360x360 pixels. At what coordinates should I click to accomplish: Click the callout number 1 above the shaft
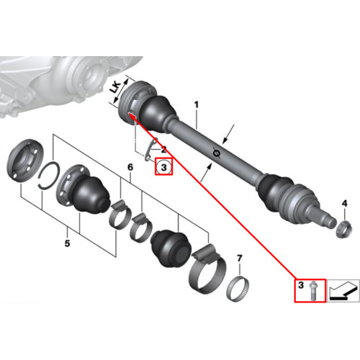pos(197,105)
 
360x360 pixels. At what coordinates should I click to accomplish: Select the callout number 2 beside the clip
pos(163,150)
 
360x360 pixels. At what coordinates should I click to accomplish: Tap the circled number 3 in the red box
pos(164,167)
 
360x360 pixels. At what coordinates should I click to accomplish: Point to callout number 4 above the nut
pos(344,204)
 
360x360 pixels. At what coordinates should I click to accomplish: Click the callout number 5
pos(67,243)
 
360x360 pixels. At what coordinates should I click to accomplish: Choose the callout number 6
pos(130,167)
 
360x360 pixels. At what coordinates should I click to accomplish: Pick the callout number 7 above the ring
pos(240,258)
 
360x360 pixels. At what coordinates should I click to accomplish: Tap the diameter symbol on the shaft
pos(217,153)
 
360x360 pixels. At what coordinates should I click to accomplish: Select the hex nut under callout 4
pos(344,229)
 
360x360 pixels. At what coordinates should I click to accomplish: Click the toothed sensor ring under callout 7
pos(238,289)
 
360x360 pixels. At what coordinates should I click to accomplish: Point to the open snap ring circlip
pos(49,176)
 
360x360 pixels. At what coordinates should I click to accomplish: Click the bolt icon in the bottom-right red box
pos(313,290)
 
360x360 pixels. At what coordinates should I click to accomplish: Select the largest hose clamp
pos(208,269)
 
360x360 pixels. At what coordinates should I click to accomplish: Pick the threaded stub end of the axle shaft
pos(324,215)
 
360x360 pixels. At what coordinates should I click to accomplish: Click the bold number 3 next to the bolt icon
pos(301,285)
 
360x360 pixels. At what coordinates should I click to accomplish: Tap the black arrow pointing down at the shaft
pos(228,134)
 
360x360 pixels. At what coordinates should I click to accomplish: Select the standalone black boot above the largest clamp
pos(171,248)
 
